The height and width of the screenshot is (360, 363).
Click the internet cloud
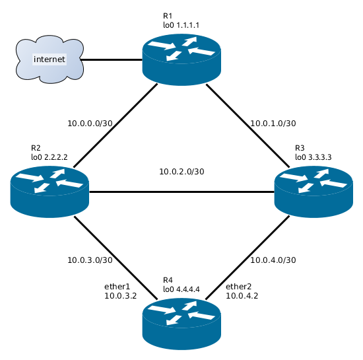click(49, 60)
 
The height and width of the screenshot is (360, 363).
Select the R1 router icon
click(181, 59)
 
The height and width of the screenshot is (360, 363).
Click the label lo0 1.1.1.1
click(181, 25)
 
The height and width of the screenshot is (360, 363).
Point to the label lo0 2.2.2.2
click(49, 157)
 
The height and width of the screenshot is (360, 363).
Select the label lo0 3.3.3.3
click(313, 157)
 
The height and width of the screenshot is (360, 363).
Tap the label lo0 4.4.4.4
click(181, 289)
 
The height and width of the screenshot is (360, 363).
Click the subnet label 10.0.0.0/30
click(90, 123)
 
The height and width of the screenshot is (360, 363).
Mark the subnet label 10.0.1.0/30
click(273, 123)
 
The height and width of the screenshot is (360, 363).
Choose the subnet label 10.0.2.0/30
click(181, 172)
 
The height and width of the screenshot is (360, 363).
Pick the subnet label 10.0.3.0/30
click(90, 260)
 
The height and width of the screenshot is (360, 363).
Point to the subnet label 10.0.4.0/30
click(273, 260)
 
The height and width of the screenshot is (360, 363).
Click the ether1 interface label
click(118, 287)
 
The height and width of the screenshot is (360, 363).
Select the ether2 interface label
click(240, 287)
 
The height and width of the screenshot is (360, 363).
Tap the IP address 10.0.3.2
click(120, 297)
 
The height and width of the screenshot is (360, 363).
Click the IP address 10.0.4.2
click(242, 297)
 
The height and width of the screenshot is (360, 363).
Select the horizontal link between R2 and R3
click(181, 192)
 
